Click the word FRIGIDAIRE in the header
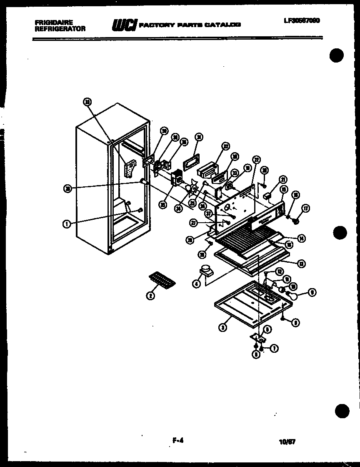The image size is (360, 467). [53, 22]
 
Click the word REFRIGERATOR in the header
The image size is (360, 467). [60, 29]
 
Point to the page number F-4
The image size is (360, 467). [177, 440]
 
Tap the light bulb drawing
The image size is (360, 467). [295, 296]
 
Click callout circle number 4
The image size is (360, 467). [196, 284]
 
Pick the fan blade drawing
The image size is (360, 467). [192, 189]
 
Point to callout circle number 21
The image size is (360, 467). [284, 180]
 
